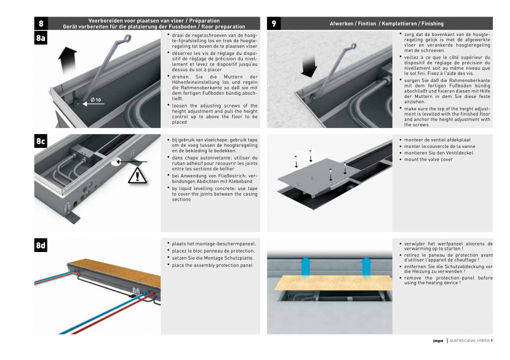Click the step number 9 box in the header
click(x=274, y=23)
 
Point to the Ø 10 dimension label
click(x=95, y=100)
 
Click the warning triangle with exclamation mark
click(x=136, y=176)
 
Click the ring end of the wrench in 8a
click(x=127, y=38)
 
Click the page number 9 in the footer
click(x=492, y=341)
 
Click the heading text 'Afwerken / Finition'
click(x=353, y=24)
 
